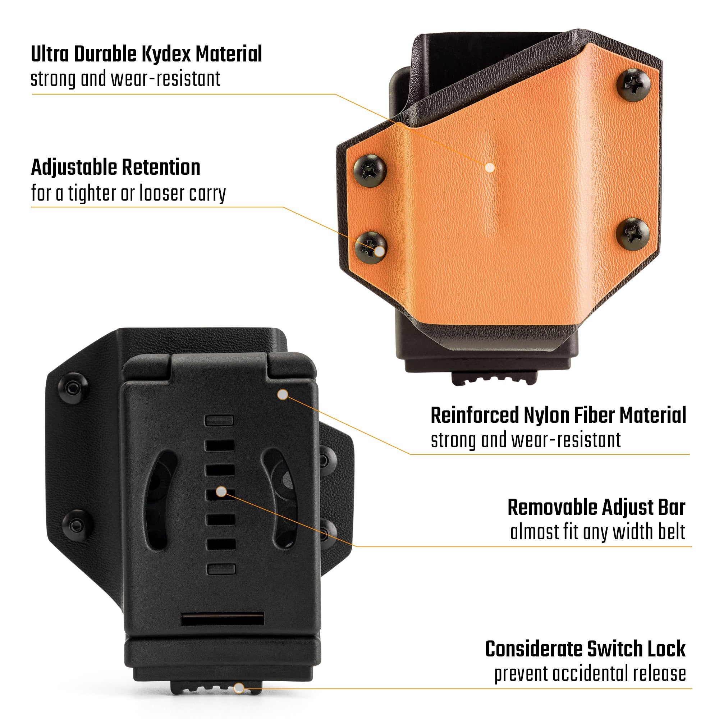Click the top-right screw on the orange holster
pyautogui.click(x=634, y=85)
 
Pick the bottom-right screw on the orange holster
pyautogui.click(x=633, y=234)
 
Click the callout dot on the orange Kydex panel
pyautogui.click(x=490, y=168)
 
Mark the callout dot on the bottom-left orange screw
pyautogui.click(x=379, y=252)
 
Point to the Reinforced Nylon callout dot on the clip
pyautogui.click(x=283, y=394)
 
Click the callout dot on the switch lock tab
pyautogui.click(x=239, y=688)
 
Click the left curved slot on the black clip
pyautogui.click(x=161, y=499)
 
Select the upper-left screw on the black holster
pyautogui.click(x=73, y=388)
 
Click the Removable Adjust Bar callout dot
pyautogui.click(x=221, y=491)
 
